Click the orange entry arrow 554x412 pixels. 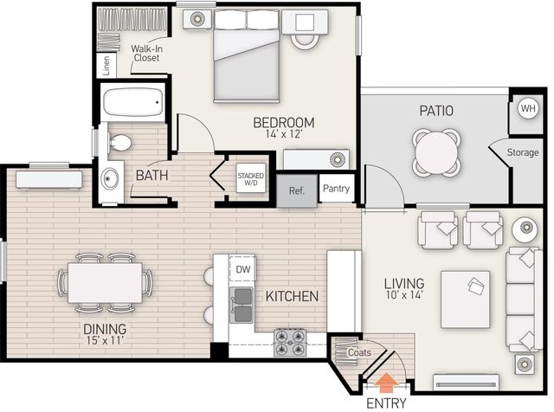pyautogui.click(x=387, y=383)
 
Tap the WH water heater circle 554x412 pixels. pyautogui.click(x=528, y=108)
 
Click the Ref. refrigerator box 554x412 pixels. pyautogui.click(x=297, y=190)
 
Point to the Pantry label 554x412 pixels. pyautogui.click(x=336, y=189)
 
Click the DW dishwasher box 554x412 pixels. pyautogui.click(x=242, y=269)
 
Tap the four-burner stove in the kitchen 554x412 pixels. pyautogui.click(x=290, y=343)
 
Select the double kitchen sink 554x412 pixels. pyautogui.click(x=242, y=305)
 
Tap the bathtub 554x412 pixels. pyautogui.click(x=133, y=102)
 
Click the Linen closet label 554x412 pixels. pyautogui.click(x=106, y=66)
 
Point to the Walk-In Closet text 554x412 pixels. pyautogui.click(x=146, y=53)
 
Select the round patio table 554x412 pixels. pyautogui.click(x=436, y=152)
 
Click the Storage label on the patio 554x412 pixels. pyautogui.click(x=523, y=152)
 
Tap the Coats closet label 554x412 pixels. pyautogui.click(x=359, y=352)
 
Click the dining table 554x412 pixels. pyautogui.click(x=105, y=283)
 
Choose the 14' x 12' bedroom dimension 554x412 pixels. pyautogui.click(x=284, y=134)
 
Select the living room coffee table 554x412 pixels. pyautogui.click(x=465, y=299)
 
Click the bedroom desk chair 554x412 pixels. pyautogui.click(x=304, y=42)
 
